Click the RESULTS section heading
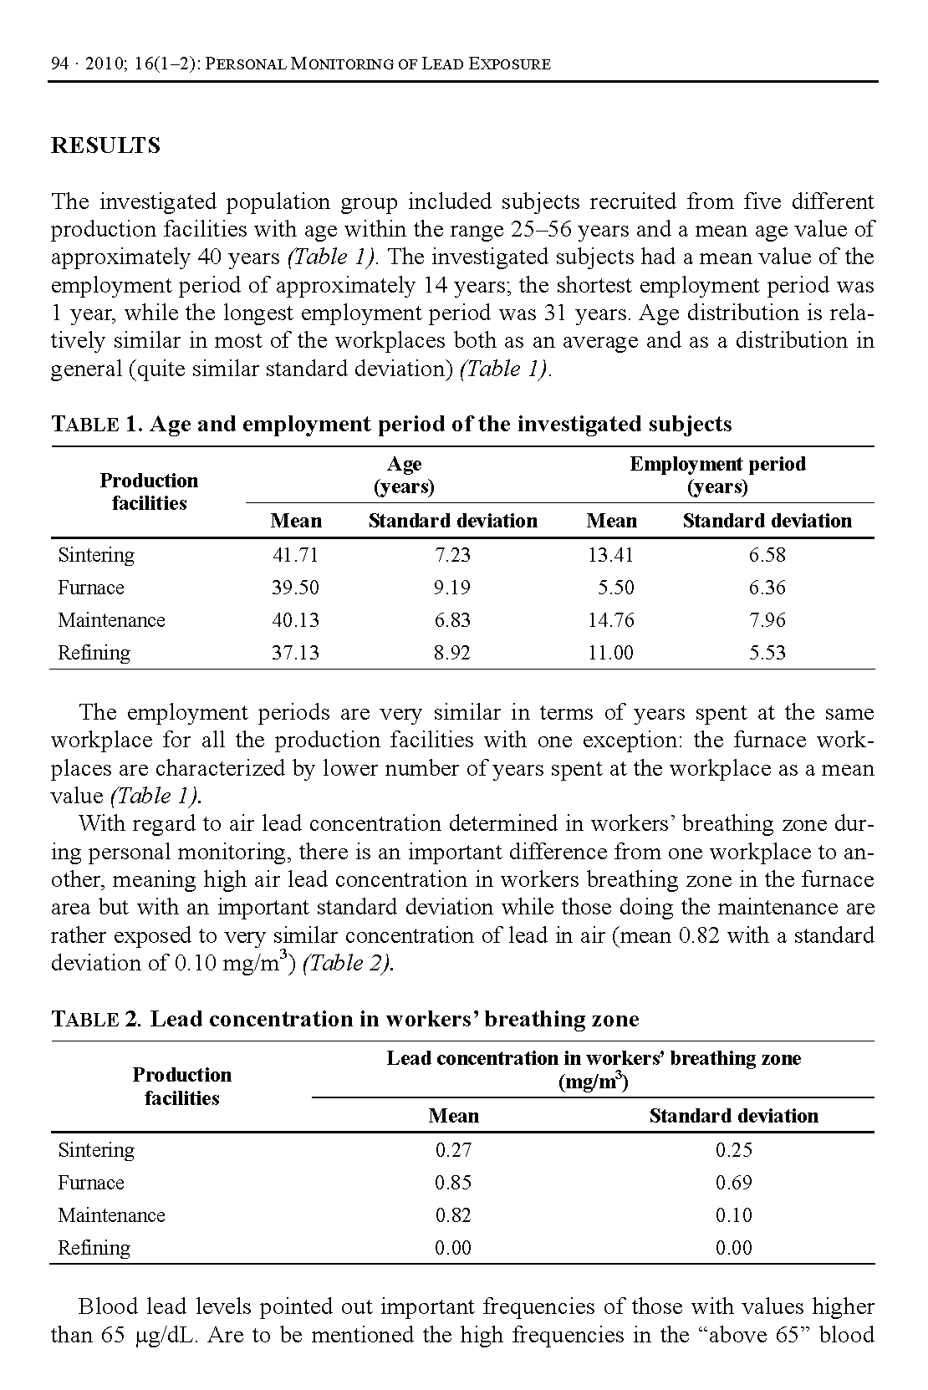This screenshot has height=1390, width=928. tap(105, 146)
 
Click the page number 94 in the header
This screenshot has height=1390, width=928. tap(59, 64)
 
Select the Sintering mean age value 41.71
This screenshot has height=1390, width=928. tap(295, 555)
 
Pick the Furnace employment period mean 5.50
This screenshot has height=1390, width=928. tap(615, 588)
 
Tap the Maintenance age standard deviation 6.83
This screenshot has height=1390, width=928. tap(451, 620)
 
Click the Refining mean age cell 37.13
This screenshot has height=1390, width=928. tap(295, 653)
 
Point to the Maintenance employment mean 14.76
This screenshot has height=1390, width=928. tap(611, 620)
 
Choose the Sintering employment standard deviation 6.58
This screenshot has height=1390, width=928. tap(767, 555)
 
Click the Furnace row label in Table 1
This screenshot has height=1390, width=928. tap(90, 588)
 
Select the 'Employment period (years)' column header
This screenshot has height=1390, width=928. tap(717, 476)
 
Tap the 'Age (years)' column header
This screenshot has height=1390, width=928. tap(404, 476)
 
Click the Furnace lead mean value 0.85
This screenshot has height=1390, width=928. tap(453, 1183)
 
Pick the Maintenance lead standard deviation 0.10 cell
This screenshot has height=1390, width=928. tap(733, 1215)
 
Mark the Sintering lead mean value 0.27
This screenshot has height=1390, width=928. tap(453, 1150)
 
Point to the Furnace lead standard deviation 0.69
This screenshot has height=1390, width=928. tap(733, 1183)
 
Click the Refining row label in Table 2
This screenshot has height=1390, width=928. tap(94, 1248)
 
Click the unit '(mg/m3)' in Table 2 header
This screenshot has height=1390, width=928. tap(593, 1083)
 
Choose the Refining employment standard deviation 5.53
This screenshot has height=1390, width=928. tap(767, 653)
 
